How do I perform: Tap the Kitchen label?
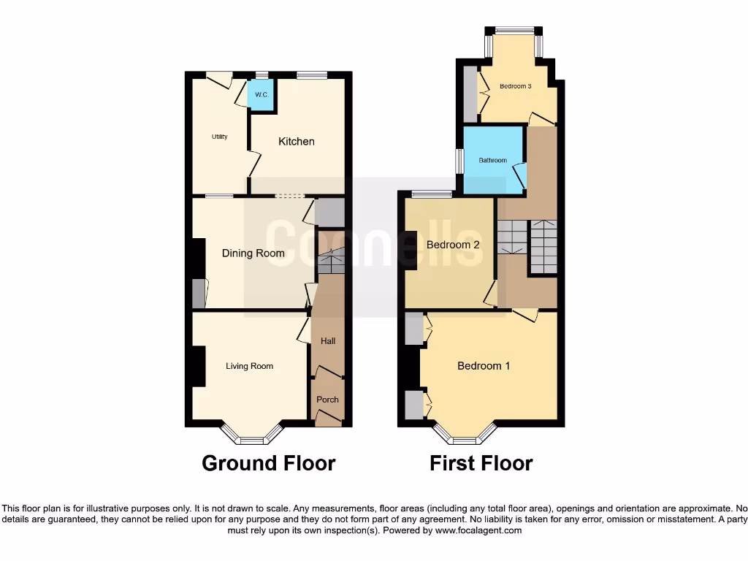pos(297,141)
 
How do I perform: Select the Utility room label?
pos(220,137)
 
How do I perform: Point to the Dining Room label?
pos(253,253)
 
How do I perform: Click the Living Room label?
pos(249,366)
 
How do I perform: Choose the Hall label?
pos(328,341)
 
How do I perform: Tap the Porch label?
pos(327,400)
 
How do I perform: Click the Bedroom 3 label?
pos(515,86)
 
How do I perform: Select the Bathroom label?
pos(493,160)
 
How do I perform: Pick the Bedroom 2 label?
pos(453,245)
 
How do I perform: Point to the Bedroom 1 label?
pos(484,366)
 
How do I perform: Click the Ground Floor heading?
pos(268,463)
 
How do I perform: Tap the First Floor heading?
pos(481,463)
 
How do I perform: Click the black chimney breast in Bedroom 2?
pos(411,251)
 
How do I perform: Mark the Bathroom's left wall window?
pos(459,161)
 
